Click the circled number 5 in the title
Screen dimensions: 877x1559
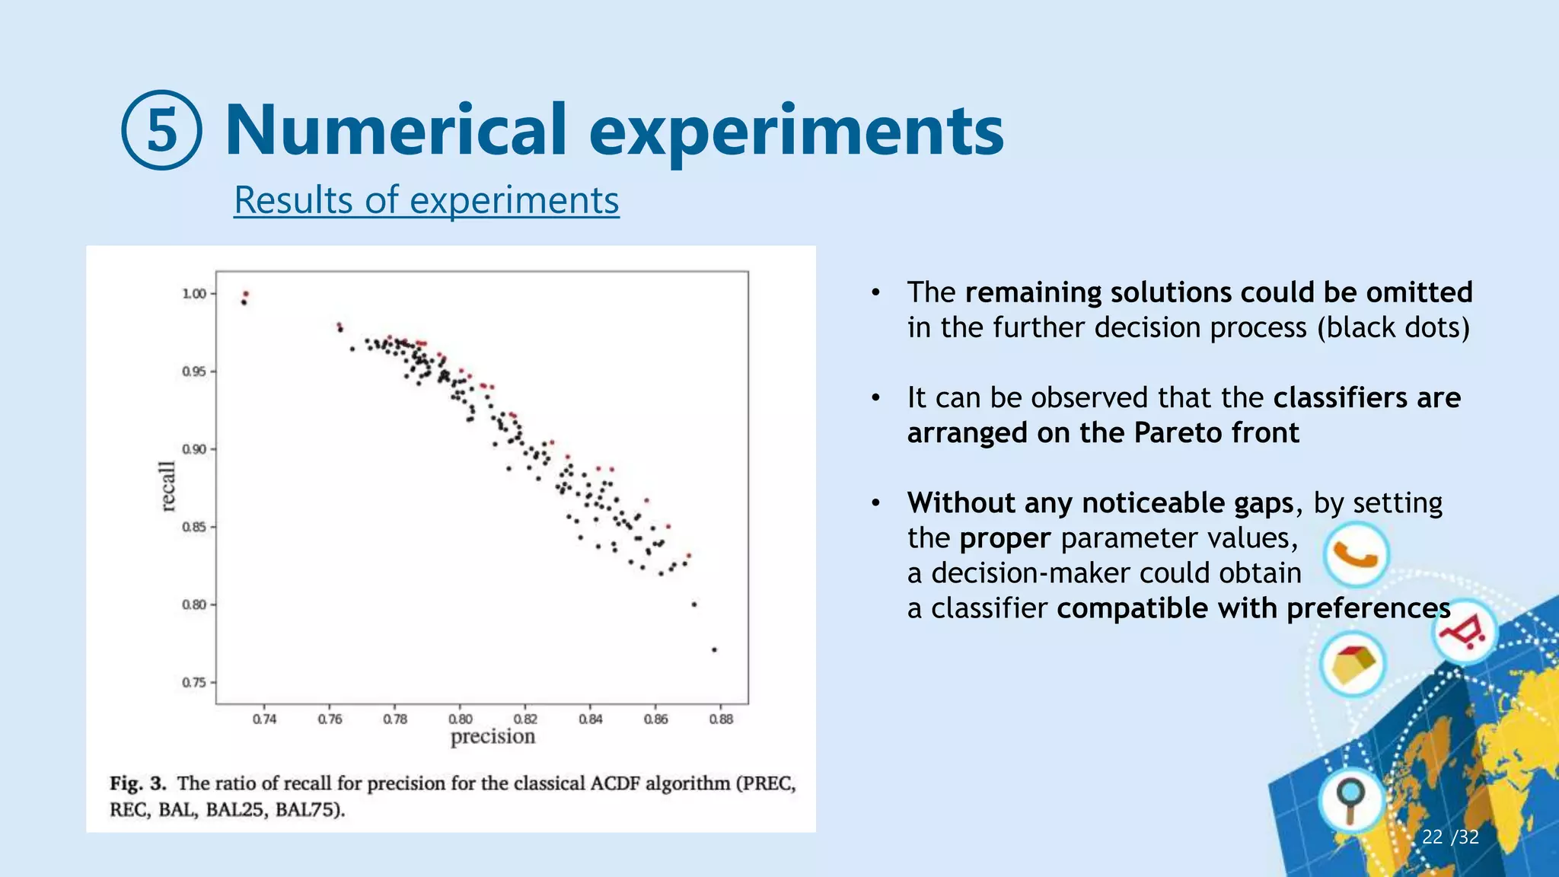click(x=161, y=129)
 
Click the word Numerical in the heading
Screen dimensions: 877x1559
click(x=396, y=129)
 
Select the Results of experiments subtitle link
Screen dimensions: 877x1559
click(x=426, y=200)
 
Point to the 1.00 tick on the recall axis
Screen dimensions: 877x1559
click(x=195, y=294)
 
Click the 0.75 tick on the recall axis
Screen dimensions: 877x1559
click(x=195, y=682)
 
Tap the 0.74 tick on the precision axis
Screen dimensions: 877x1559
click(x=265, y=719)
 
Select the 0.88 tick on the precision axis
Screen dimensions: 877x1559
click(x=721, y=719)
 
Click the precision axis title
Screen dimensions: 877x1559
click(x=493, y=737)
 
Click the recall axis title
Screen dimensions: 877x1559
click(x=168, y=486)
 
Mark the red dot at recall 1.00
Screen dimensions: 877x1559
click(x=246, y=293)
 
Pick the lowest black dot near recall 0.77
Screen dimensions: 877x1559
click(x=714, y=649)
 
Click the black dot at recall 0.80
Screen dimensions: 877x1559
click(x=693, y=604)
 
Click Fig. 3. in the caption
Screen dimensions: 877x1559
click(x=138, y=783)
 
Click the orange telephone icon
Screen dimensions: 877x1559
click(x=1356, y=555)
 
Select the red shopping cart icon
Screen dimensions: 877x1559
click(x=1465, y=633)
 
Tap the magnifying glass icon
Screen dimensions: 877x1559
click(x=1352, y=801)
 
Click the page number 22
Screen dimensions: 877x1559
click(x=1432, y=837)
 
